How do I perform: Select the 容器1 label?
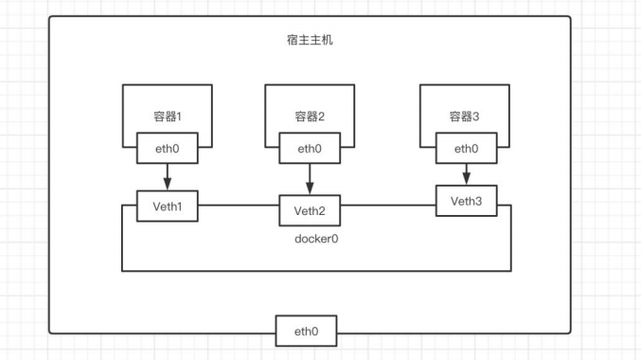tap(167, 117)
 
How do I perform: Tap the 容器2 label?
tap(309, 117)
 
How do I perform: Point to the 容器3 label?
tap(465, 117)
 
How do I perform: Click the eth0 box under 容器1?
tap(167, 149)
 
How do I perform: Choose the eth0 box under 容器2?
tap(309, 149)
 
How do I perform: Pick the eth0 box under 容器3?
tap(465, 149)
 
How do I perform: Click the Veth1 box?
tap(167, 207)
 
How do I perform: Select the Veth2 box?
tap(309, 210)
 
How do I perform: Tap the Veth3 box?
tap(466, 201)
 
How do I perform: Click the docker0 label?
tap(316, 239)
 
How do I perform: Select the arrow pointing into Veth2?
tap(309, 179)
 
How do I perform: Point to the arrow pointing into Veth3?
tap(465, 174)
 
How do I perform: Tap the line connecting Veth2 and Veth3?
tap(388, 202)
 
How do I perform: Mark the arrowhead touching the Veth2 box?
tap(309, 189)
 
